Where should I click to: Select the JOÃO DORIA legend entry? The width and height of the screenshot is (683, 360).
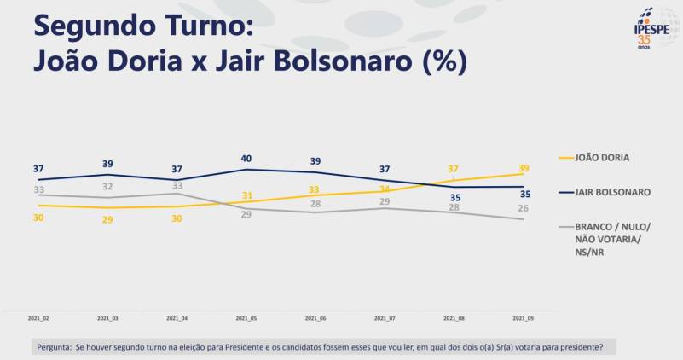601,157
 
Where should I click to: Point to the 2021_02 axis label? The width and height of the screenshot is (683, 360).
38,318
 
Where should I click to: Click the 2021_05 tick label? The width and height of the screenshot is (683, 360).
246,318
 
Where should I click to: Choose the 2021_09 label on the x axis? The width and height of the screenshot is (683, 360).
523,318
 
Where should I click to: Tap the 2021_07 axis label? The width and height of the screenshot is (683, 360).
385,318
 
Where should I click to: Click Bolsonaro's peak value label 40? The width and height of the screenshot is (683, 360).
246,158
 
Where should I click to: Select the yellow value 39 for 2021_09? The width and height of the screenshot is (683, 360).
524,166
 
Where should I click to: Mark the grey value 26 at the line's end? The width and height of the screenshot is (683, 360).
524,208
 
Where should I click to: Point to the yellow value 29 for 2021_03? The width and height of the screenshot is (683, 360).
107,219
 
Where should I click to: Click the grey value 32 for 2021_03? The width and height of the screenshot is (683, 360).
107,186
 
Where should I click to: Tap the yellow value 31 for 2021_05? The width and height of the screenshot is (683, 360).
246,195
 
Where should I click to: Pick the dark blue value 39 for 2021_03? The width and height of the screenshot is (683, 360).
107,163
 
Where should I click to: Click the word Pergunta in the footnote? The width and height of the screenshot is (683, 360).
54,348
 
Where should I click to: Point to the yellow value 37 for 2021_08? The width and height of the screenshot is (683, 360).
454,169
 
